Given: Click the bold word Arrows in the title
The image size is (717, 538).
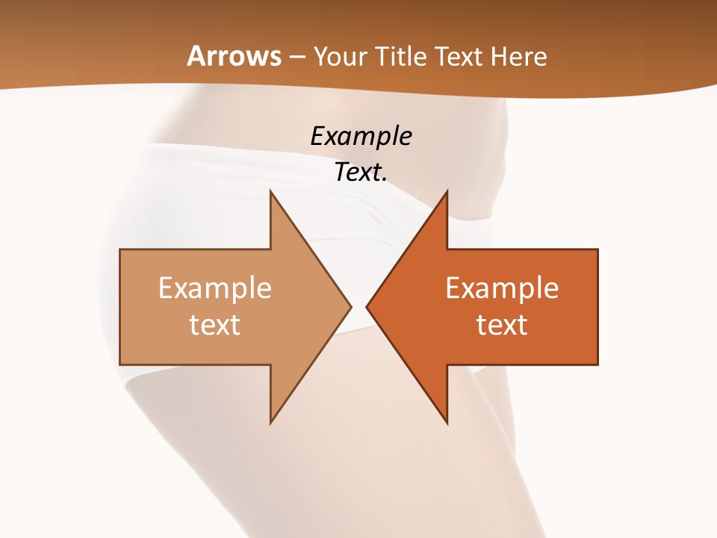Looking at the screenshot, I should click(235, 56).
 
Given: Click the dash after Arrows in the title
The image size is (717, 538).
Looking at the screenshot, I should click(297, 58).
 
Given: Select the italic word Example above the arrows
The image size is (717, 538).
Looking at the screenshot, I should click(361, 137).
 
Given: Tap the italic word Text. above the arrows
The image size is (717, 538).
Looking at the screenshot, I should click(361, 173).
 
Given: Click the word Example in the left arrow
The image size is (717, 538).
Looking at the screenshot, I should click(214, 288).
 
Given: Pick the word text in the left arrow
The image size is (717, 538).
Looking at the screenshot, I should click(214, 324).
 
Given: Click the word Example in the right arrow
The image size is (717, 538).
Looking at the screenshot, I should click(502, 288).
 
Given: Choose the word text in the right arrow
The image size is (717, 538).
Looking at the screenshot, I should click(502, 324).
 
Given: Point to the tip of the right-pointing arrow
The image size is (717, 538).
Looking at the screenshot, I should click(351, 306).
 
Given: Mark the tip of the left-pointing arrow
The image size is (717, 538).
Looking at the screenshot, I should click(367, 306).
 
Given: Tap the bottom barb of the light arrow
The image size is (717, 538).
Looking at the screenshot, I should click(270, 423).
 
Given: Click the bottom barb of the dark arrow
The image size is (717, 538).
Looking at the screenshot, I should click(447, 423).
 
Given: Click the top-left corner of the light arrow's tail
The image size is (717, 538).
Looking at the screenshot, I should click(120, 250).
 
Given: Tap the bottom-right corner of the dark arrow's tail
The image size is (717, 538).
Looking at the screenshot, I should click(597, 364).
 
